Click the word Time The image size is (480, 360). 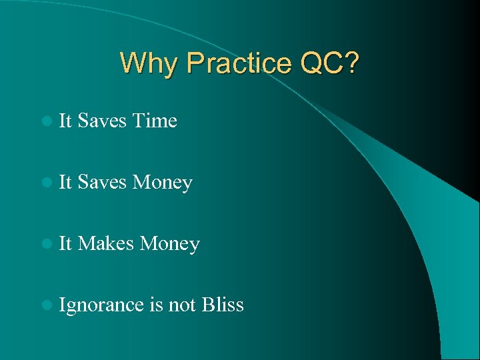coord(155,121)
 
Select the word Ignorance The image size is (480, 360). coord(101,305)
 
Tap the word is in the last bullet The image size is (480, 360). coord(157,305)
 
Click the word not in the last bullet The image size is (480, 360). coord(181,305)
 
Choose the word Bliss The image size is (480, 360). coord(222,305)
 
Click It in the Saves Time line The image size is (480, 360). coord(65,121)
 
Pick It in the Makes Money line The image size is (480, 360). coord(65,244)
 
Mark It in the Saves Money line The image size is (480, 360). coord(65,183)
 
